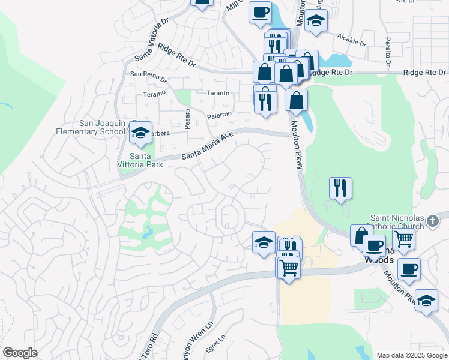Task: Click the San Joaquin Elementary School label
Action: (90, 127)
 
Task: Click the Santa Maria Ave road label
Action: (207, 146)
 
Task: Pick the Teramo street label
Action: (154, 95)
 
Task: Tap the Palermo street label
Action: (219, 114)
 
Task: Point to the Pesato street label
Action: (187, 120)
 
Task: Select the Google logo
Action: (20, 353)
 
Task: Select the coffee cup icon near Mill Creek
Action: (261, 12)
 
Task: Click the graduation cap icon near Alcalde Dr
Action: (316, 21)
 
